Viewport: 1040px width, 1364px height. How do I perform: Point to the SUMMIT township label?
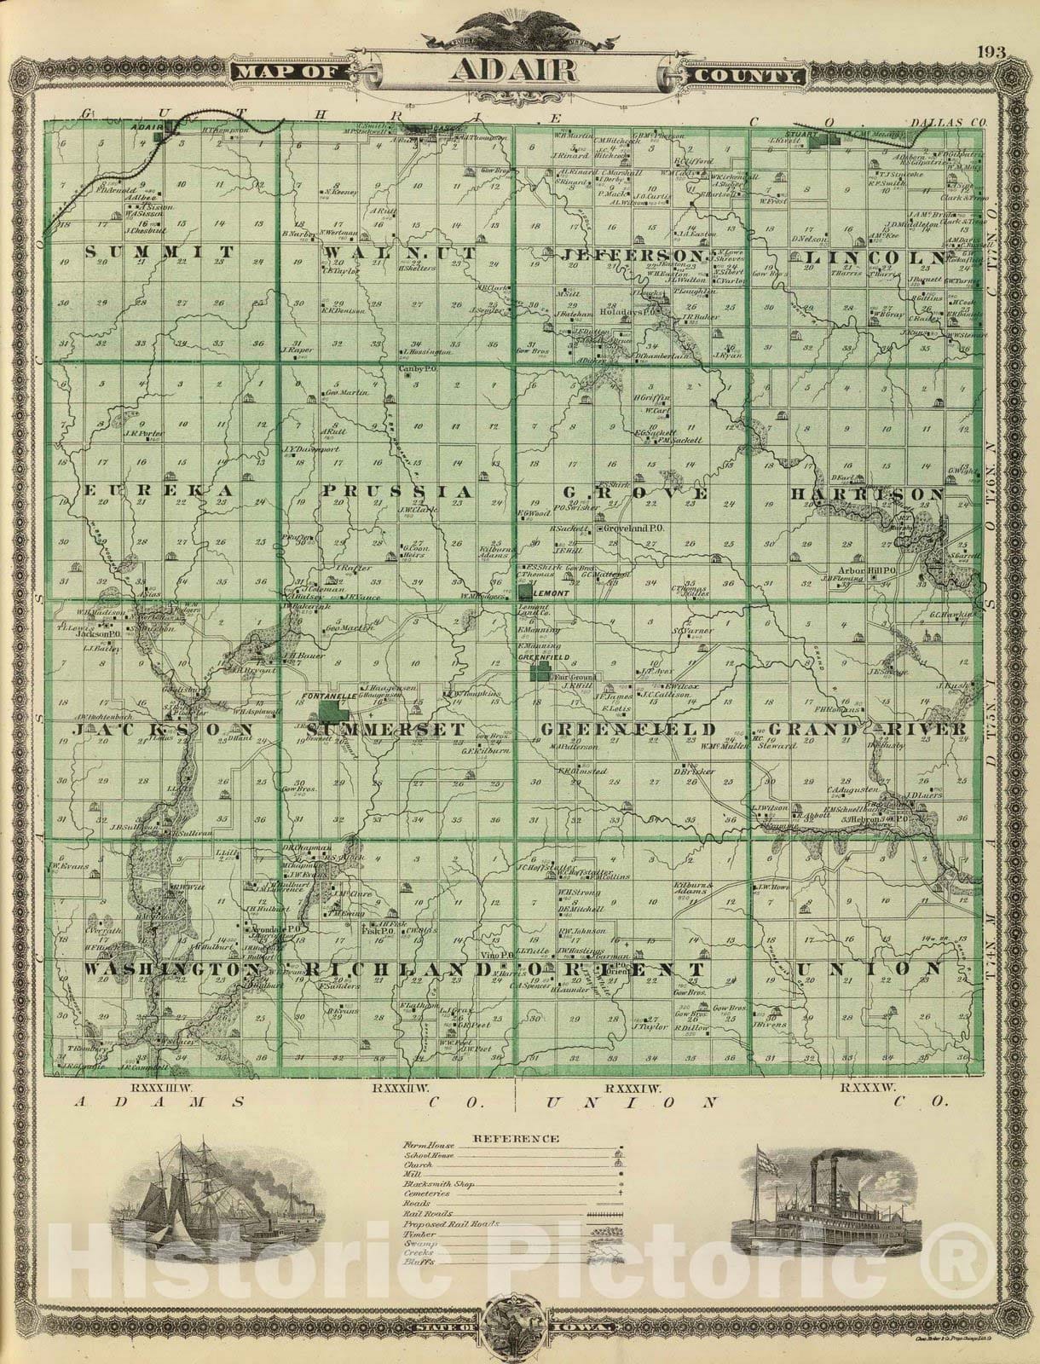point(159,252)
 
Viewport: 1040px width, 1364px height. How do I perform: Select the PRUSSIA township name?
point(396,492)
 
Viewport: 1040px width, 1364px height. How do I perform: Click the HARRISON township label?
point(867,494)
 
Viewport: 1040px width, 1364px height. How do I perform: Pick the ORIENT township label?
point(614,969)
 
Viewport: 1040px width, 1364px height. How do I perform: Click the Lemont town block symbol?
point(523,591)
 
